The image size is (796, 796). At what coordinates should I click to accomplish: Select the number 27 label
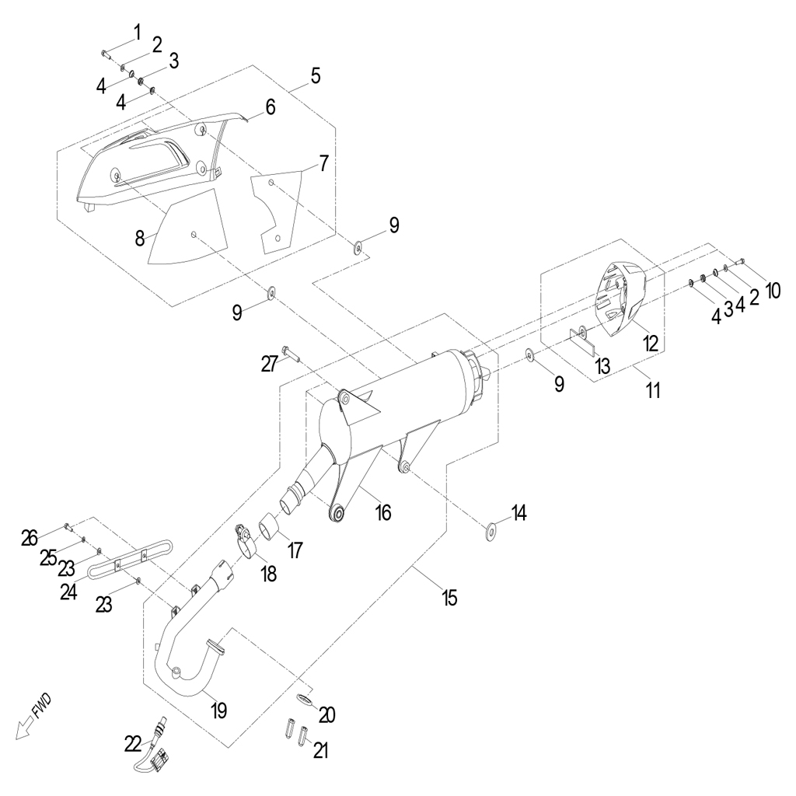pyautogui.click(x=270, y=364)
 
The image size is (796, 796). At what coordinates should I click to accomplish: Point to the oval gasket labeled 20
pyautogui.click(x=303, y=699)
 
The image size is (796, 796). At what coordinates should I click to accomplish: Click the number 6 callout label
pyautogui.click(x=270, y=107)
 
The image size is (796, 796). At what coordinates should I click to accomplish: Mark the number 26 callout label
pyautogui.click(x=30, y=538)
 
